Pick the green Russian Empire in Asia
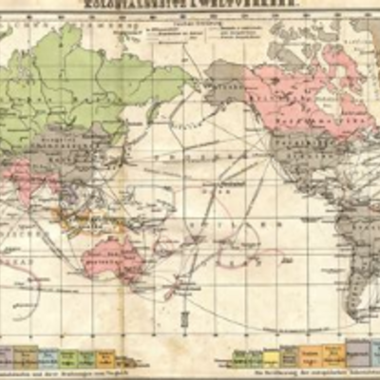tap(85, 85)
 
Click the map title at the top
tap(190, 5)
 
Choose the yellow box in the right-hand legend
tap(272, 358)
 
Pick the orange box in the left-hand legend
tap(105, 358)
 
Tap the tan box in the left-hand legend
tap(27, 356)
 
